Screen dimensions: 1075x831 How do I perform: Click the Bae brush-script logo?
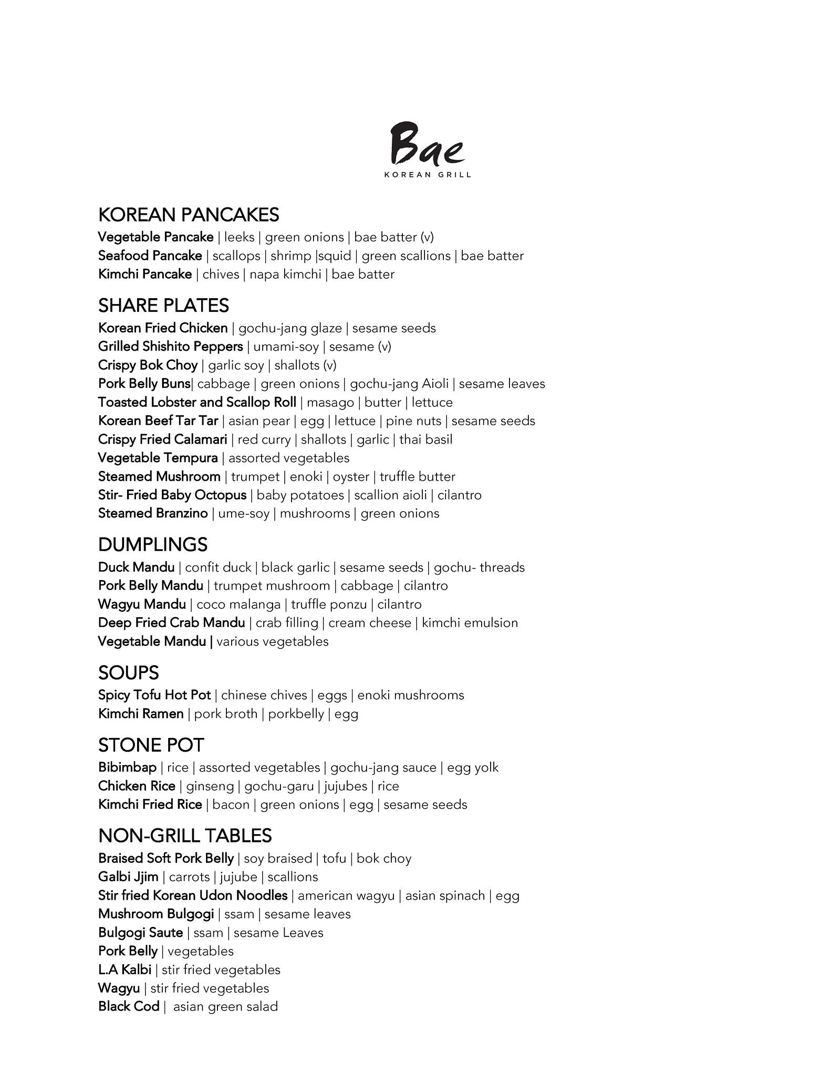coord(427,143)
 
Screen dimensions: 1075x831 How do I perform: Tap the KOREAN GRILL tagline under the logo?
coord(427,175)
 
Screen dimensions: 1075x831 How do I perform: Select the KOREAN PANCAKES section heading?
coord(189,215)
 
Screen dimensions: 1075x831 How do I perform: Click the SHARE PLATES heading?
coord(163,305)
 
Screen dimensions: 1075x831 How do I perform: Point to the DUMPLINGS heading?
coord(153,544)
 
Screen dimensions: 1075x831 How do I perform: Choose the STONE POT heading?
coord(151,745)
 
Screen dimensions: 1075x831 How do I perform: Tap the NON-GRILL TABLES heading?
coord(185,836)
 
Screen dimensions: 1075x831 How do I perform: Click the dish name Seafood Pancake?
coord(150,256)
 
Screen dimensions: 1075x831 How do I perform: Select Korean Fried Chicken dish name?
coord(163,328)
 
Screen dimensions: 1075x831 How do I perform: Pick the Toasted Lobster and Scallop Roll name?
coord(197,402)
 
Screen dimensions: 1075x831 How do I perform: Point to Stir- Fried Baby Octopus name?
coord(172,495)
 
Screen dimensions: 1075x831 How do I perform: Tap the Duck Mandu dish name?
coord(137,567)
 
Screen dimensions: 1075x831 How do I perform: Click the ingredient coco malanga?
coord(238,605)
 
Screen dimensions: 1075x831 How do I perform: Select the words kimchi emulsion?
coord(470,623)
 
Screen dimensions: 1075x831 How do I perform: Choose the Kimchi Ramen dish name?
coord(141,714)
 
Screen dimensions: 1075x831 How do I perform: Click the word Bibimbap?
coord(128,767)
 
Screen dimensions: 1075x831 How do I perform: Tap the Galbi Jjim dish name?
coord(128,877)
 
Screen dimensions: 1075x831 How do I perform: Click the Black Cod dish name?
coord(129,1006)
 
